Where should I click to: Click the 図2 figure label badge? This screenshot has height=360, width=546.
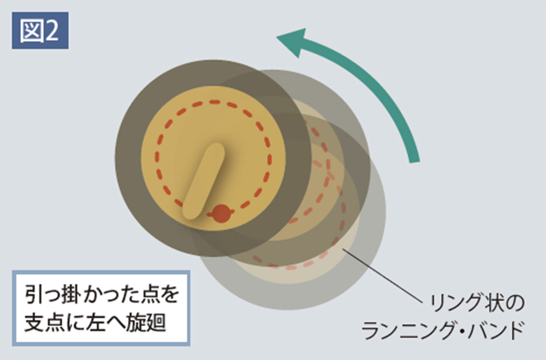[x=40, y=30]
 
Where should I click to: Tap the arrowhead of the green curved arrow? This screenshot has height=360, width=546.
[x=292, y=42]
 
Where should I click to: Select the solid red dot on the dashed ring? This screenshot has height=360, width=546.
[x=221, y=213]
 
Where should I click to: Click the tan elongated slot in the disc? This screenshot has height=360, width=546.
[x=204, y=181]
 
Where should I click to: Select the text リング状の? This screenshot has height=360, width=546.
[x=477, y=303]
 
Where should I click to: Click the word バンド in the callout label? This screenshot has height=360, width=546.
[x=496, y=330]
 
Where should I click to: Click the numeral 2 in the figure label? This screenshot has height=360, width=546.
[x=52, y=31]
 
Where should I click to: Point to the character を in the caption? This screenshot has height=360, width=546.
[x=168, y=295]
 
